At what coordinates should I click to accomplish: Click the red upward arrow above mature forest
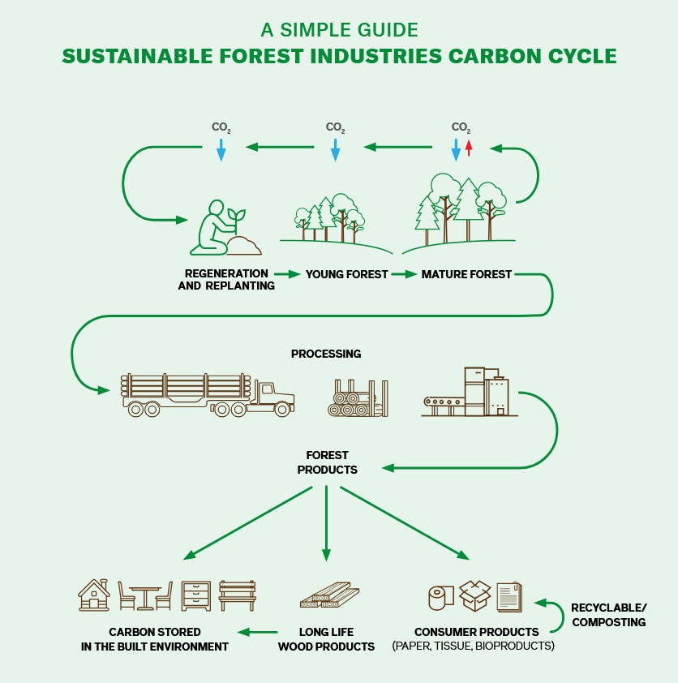(x=468, y=148)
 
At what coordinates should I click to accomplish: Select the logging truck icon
(x=207, y=395)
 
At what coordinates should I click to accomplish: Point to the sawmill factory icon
(x=470, y=393)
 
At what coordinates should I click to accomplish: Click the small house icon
(x=94, y=595)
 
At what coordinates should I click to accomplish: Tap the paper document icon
(x=508, y=597)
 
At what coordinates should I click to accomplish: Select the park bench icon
(x=237, y=595)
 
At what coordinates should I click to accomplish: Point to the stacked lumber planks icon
(x=325, y=596)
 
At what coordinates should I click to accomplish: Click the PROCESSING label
(x=326, y=354)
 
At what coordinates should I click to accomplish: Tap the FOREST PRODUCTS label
(x=327, y=462)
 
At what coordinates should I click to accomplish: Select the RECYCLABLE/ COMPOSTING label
(x=608, y=615)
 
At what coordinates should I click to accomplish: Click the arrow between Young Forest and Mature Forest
(x=403, y=275)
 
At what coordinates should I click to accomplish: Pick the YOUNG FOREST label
(x=346, y=275)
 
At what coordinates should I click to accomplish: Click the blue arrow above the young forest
(x=335, y=149)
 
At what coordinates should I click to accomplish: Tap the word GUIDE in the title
(x=382, y=31)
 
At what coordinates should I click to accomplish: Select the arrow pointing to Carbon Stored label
(x=256, y=632)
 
